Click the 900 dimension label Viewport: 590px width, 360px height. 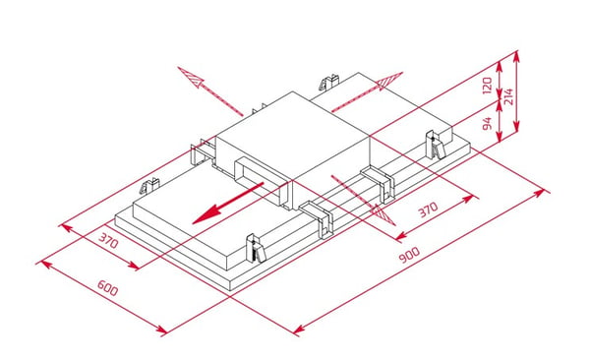[409, 255]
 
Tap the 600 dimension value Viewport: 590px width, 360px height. [107, 288]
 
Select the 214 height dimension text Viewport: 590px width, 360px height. [508, 96]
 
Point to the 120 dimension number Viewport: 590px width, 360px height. [488, 86]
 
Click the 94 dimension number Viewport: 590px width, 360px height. [488, 124]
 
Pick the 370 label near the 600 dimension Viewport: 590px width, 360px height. [108, 240]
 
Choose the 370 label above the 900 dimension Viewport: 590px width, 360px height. [429, 210]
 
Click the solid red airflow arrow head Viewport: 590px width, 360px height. [206, 215]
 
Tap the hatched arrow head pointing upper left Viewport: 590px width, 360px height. [190, 76]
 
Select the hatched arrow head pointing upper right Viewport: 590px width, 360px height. [389, 81]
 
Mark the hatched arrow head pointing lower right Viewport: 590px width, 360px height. [383, 215]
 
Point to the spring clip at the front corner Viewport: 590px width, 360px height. [256, 249]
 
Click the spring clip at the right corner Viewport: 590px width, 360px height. [436, 145]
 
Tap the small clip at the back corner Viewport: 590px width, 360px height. [329, 82]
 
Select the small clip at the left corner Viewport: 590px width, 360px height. [149, 186]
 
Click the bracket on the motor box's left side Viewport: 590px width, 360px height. [203, 151]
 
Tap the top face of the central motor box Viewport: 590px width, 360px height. [292, 134]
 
